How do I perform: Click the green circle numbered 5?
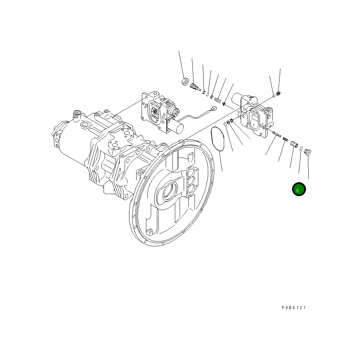click(299, 189)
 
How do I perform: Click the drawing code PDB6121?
click(294, 308)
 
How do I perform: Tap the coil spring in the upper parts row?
click(218, 100)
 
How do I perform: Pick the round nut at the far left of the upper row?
click(185, 81)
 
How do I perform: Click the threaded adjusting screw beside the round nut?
click(195, 87)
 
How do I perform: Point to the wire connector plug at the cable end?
click(214, 109)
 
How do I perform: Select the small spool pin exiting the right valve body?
click(275, 134)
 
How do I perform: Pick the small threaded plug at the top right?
click(279, 93)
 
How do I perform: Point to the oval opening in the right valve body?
click(254, 120)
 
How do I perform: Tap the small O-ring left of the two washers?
click(225, 124)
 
